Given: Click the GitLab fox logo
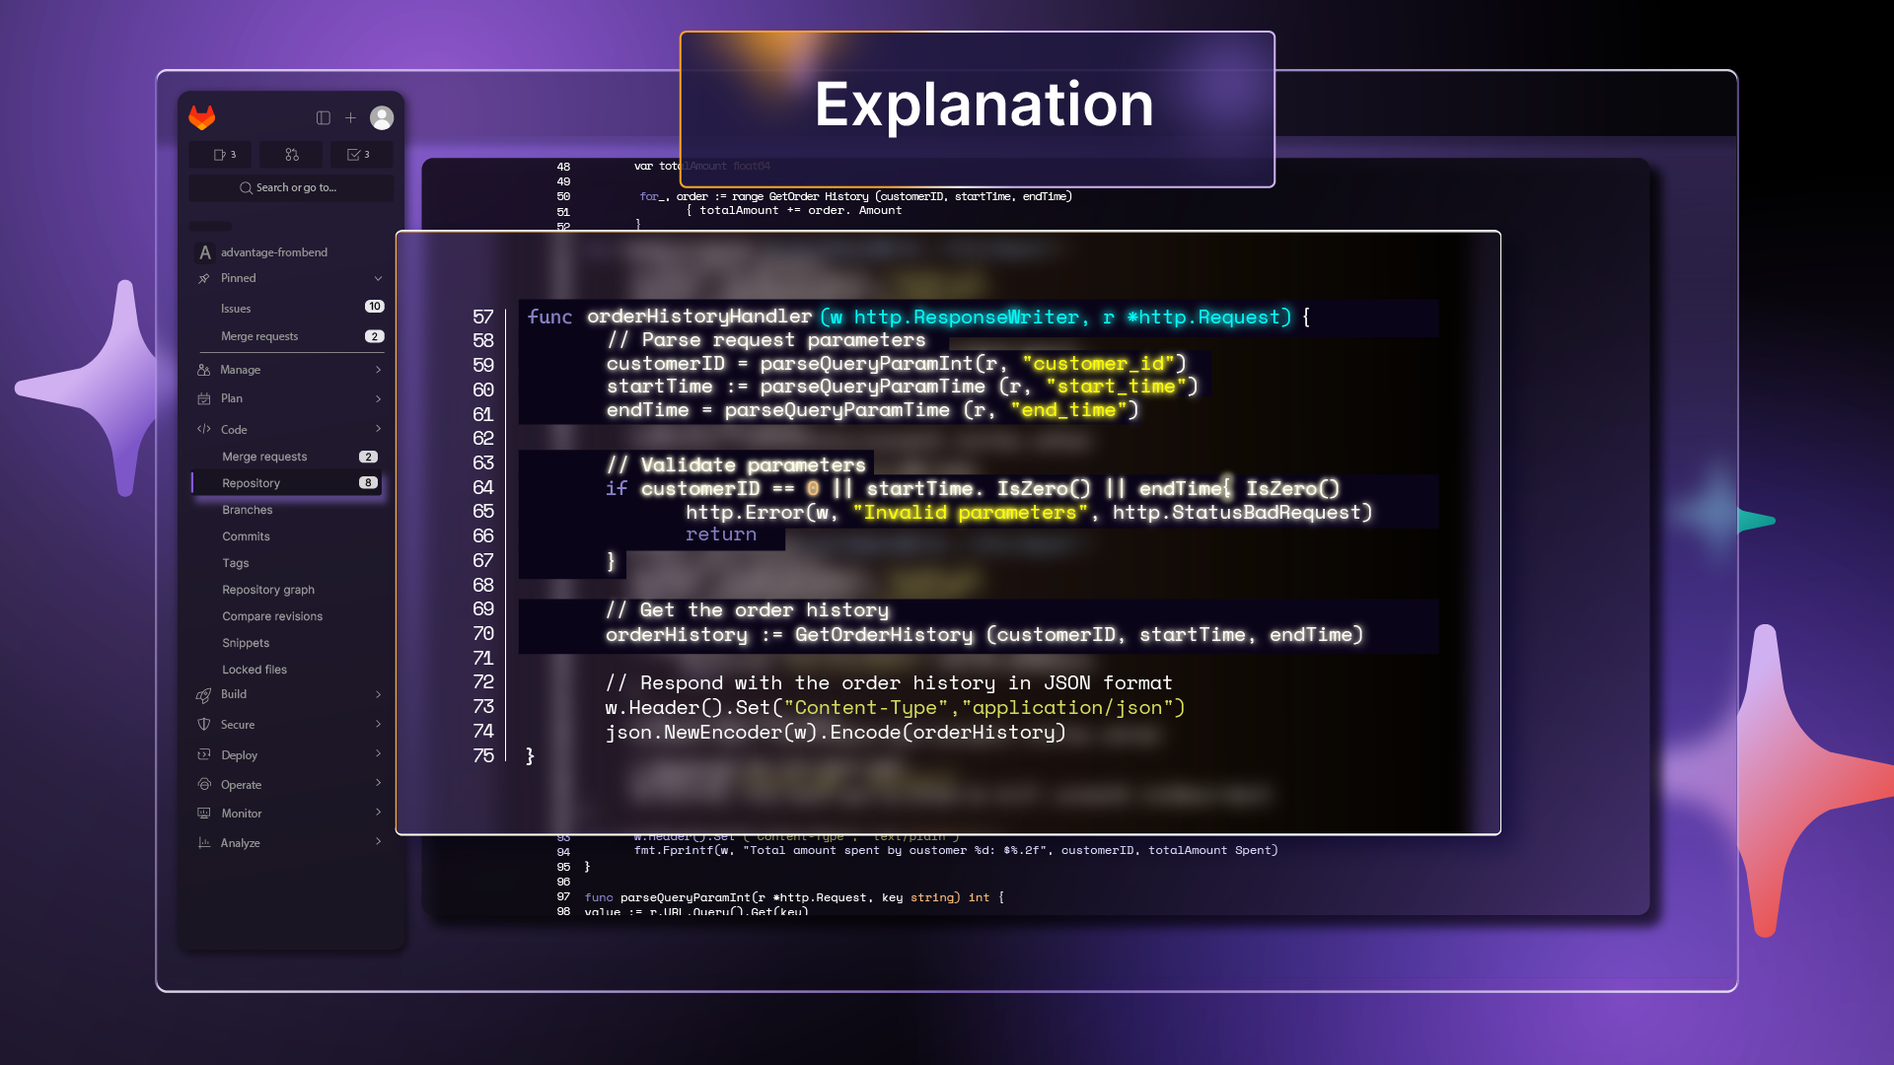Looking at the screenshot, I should (202, 118).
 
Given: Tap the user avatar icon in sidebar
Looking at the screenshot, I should (382, 118).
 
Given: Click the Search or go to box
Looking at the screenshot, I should (291, 187).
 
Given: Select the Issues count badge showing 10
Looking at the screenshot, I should (374, 307).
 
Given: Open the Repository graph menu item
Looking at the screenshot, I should (268, 590).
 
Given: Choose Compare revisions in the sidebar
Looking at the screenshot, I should (272, 616).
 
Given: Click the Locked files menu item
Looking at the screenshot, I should (255, 670).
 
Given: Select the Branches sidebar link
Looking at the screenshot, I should (248, 510).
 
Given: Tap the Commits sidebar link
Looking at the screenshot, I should (246, 536).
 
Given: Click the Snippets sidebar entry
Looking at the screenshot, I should (246, 643).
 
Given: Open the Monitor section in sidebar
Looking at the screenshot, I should (242, 814).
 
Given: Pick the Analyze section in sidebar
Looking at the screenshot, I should (241, 843).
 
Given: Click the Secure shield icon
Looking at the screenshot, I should (204, 725).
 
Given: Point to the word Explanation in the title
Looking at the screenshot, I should (983, 105).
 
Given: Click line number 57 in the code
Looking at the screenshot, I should (482, 317).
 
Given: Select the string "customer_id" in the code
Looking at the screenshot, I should (1104, 364).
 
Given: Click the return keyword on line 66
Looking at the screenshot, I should (721, 534).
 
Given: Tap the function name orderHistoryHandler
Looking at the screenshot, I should (699, 317).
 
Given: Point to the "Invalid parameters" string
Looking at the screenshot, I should (970, 513).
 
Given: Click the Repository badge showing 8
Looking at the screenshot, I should (368, 483).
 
